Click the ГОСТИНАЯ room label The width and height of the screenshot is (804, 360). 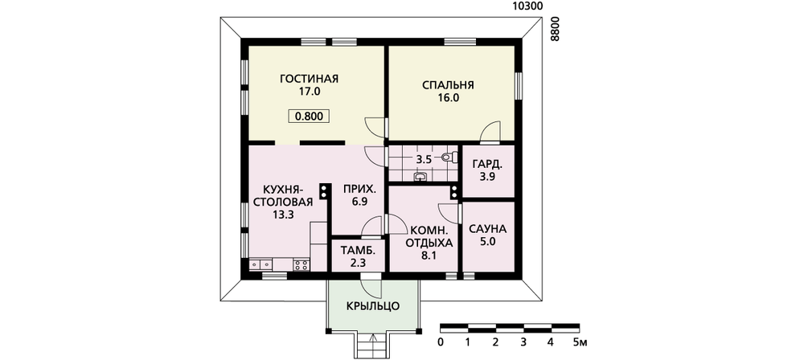click(310, 79)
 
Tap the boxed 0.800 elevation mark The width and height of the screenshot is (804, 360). click(309, 117)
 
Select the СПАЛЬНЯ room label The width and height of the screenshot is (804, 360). click(448, 86)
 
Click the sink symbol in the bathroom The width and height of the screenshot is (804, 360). click(420, 178)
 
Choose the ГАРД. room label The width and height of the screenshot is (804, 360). click(488, 166)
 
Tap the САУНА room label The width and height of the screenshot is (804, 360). click(488, 229)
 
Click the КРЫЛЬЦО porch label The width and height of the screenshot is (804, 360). click(373, 307)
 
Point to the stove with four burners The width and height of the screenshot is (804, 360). click(301, 264)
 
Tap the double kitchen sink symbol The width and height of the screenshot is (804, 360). click(261, 264)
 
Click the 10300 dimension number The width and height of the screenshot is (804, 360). click(527, 6)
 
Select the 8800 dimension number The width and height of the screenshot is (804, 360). click(553, 29)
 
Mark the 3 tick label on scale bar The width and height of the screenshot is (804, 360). click(523, 342)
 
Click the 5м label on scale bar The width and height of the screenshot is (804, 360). click(580, 342)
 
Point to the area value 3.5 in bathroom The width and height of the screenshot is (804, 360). click(424, 160)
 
